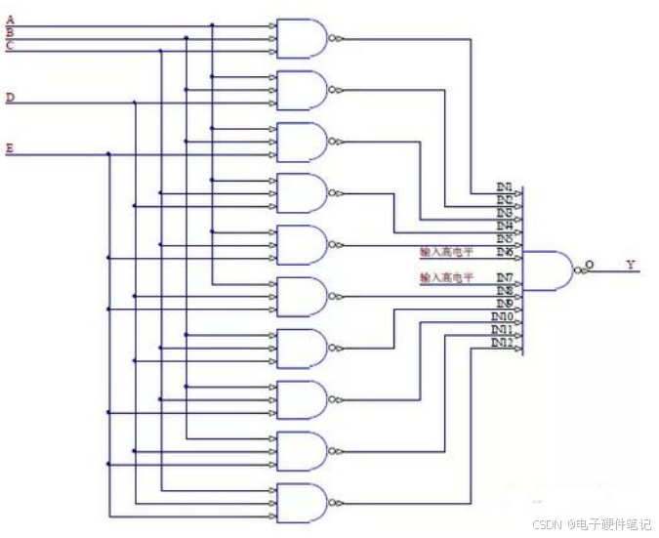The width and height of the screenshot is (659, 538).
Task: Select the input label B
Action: pos(10,32)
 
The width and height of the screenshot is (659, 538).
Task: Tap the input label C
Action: pos(10,45)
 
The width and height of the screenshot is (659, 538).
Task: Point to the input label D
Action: pos(10,97)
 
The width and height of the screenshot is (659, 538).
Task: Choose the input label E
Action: pos(10,148)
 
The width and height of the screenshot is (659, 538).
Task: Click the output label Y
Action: pos(630,265)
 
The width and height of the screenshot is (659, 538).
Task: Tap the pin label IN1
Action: pos(505,186)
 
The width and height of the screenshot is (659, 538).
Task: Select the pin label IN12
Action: pos(502,343)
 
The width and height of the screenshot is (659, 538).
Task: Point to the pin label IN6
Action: pos(505,252)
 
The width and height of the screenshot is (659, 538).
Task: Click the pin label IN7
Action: pos(505,278)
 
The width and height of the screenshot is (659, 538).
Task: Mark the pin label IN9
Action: pos(505,304)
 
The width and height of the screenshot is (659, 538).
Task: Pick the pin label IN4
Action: pos(505,226)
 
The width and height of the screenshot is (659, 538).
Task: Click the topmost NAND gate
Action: pos(303,38)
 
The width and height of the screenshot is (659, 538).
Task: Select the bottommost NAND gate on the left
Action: pos(303,503)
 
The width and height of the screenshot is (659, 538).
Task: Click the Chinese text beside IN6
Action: pos(446,252)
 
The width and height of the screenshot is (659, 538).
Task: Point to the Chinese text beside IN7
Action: pos(446,278)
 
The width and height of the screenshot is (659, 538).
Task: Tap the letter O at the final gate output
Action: pos(588,264)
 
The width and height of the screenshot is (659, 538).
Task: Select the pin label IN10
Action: pos(502,317)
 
